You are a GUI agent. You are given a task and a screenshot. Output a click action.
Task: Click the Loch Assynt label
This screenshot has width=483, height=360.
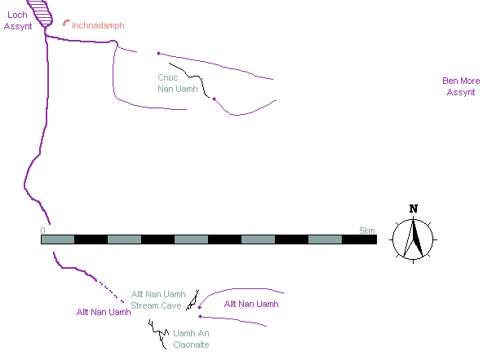coord(18,20)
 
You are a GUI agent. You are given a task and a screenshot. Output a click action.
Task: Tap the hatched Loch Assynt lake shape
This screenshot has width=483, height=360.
coord(40,13)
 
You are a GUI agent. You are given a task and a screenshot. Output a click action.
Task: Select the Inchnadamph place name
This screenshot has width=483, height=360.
coord(98,25)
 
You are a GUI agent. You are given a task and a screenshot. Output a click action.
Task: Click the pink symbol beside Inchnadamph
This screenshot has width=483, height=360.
coord(66,23)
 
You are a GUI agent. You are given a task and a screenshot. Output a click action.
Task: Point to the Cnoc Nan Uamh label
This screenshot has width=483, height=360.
coord(177,83)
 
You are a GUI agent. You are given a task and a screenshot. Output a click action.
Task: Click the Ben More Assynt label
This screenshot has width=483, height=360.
coord(461,86)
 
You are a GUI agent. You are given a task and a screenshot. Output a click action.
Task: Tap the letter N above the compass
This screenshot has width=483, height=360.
coord(414,209)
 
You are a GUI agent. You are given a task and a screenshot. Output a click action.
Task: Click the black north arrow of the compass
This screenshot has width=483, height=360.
coord(417,239)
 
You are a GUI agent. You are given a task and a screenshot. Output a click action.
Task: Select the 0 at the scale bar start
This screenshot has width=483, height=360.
coord(42,230)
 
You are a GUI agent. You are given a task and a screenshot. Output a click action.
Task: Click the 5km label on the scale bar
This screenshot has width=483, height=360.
coord(367,230)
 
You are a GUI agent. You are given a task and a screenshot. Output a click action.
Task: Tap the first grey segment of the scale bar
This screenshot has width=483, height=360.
coord(58,239)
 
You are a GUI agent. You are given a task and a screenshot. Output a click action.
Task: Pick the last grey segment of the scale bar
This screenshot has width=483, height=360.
coord(325,239)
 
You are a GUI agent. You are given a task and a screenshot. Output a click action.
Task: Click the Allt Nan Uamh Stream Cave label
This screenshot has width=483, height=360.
coord(158,300)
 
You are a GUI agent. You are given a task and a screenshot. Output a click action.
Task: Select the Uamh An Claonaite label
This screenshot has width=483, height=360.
coord(191,339)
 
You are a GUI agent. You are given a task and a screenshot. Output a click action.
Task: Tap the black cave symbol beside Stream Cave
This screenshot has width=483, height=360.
coord(193,301)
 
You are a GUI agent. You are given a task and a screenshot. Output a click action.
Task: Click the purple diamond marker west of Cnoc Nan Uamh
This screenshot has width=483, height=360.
coord(158,54)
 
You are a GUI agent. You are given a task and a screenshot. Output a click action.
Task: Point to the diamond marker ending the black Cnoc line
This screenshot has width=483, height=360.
coord(214,99)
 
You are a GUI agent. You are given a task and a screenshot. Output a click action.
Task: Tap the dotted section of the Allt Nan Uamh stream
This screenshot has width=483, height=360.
coord(110,292)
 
